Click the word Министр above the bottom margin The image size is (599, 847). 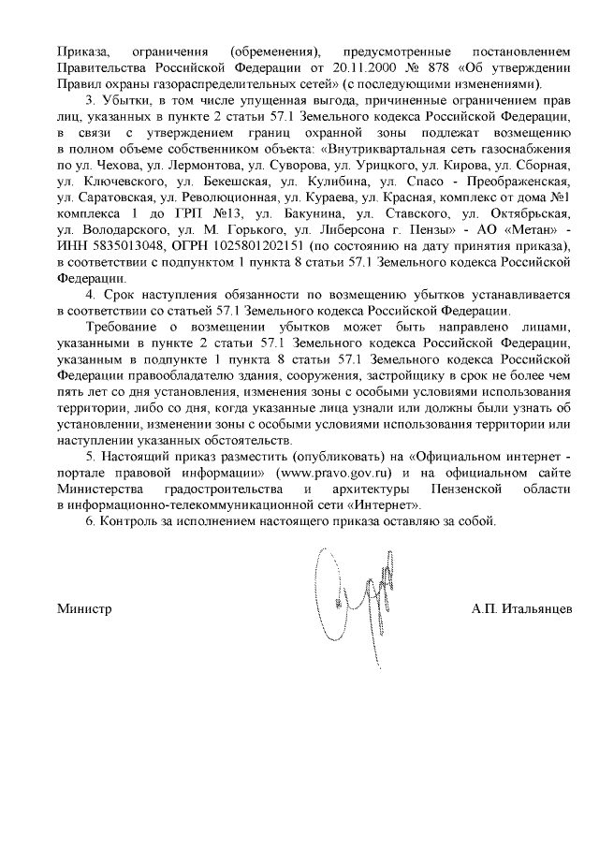coord(84,609)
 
